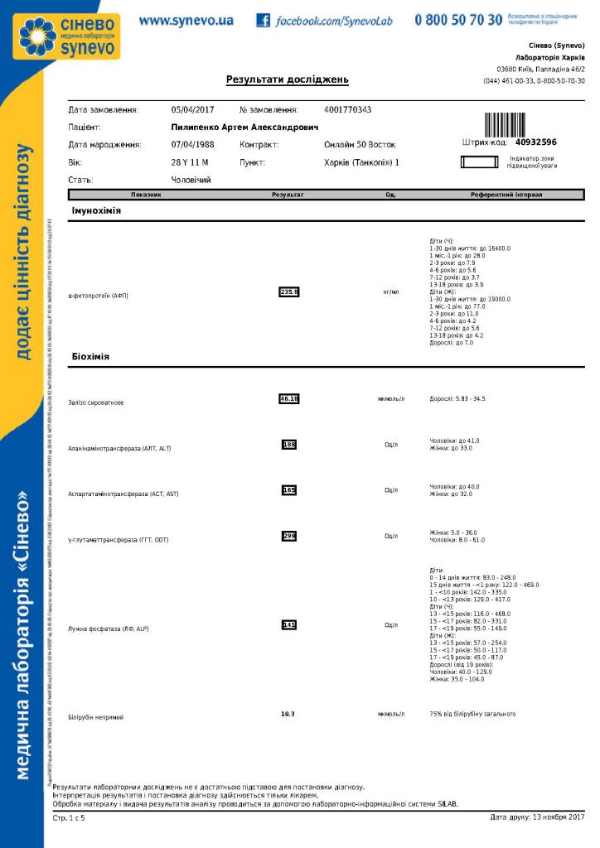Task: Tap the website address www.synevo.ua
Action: (186, 20)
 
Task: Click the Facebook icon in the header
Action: (263, 20)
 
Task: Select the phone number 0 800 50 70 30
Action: (458, 20)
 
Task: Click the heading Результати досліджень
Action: (287, 80)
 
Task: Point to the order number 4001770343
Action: (348, 109)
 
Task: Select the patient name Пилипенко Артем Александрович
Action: (244, 128)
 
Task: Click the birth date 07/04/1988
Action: (192, 145)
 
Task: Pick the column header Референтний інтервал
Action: (506, 195)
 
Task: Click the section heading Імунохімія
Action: (96, 212)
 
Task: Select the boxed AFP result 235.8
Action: (288, 291)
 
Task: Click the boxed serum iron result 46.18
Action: (288, 398)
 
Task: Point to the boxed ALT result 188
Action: (288, 445)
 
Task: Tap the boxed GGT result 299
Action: (288, 536)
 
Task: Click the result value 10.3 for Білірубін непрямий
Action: (288, 713)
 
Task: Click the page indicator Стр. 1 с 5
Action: (69, 818)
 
